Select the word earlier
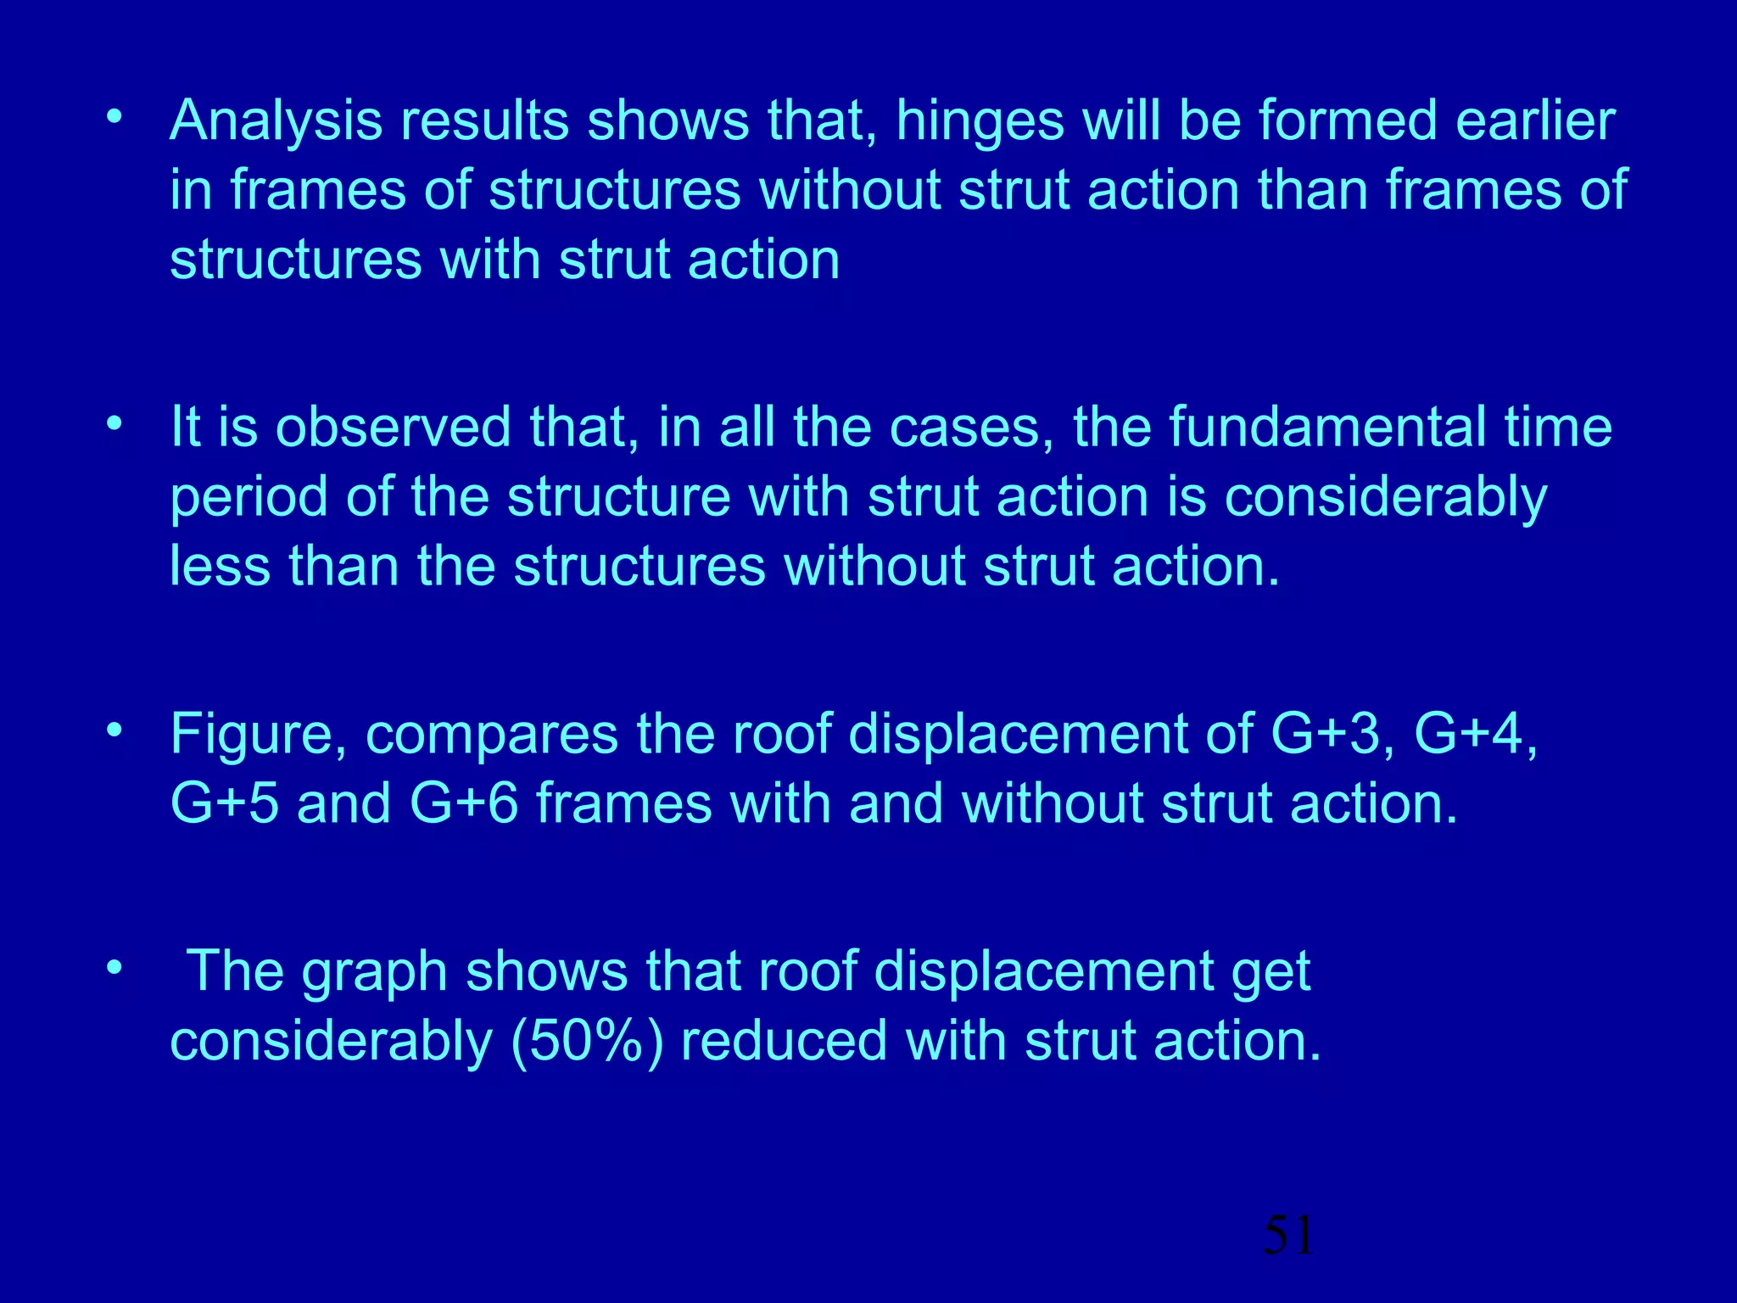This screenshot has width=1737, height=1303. (x=1535, y=121)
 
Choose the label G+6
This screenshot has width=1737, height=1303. (x=463, y=803)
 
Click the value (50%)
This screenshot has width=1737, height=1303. (x=587, y=1042)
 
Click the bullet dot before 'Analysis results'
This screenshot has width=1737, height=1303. (x=114, y=117)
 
